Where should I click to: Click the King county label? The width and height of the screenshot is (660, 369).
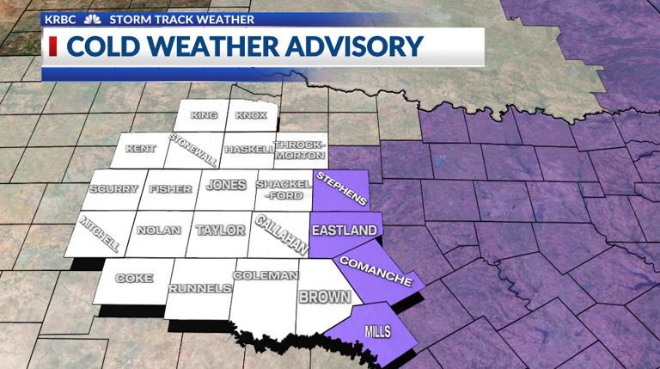point(205,115)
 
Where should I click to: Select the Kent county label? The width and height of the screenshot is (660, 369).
point(141,149)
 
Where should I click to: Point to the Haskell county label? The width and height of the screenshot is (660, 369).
point(248,150)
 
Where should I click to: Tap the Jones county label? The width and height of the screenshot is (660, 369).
point(226,185)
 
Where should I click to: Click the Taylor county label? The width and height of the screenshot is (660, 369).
point(221,231)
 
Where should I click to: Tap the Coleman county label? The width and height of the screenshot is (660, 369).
point(265,276)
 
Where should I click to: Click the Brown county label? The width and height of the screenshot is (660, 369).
point(324,298)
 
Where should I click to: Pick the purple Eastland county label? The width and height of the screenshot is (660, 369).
point(344,231)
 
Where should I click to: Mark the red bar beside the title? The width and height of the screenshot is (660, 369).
point(53,46)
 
